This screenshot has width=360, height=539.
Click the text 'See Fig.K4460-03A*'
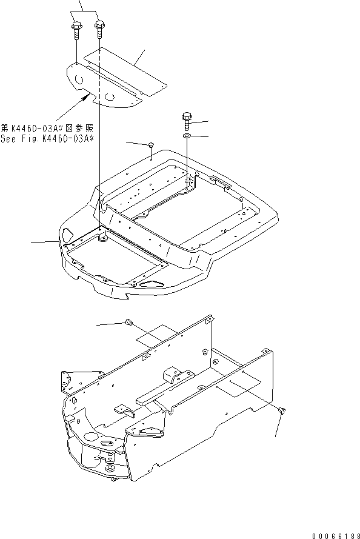[x=50, y=139]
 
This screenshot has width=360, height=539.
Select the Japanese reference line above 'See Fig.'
[x=50, y=129]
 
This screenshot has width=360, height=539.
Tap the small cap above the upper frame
[x=151, y=145]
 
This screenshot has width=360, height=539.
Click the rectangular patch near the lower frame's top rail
[x=156, y=335]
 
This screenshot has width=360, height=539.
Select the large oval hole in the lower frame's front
[x=91, y=436]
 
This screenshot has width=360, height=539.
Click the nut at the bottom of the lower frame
[x=111, y=468]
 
